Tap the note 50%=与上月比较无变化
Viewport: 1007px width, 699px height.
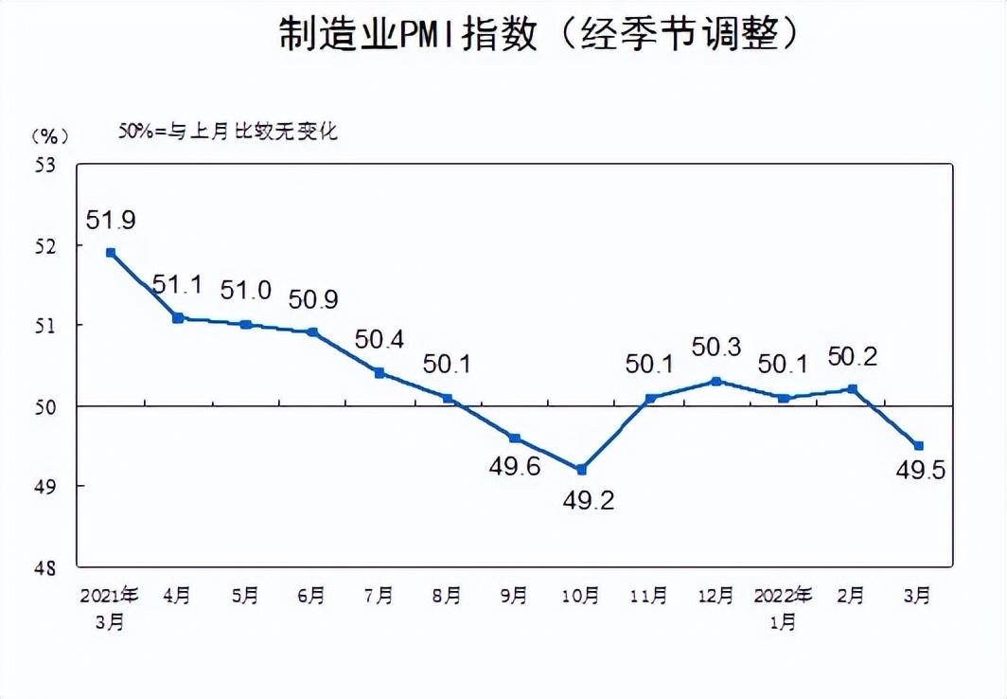227,132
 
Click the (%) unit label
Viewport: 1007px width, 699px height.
44,135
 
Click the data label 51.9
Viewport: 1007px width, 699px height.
111,221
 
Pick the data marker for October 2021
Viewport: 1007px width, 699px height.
581,469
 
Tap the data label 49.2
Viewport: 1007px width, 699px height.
589,499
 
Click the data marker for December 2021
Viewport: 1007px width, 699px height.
716,381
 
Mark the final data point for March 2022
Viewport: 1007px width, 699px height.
918,445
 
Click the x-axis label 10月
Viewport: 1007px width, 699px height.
581,596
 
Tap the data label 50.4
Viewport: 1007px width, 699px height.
380,339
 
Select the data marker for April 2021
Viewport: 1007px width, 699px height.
177,317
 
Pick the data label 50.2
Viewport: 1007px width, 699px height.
854,356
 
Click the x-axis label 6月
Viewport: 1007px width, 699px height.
311,596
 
